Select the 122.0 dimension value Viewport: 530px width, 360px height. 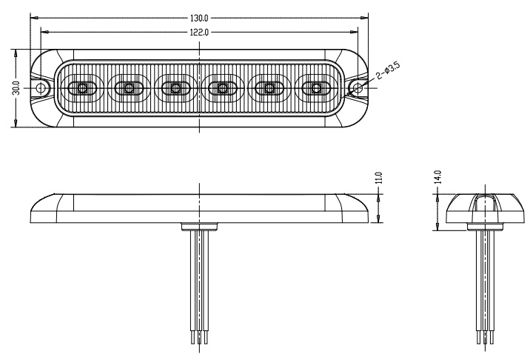tap(200, 32)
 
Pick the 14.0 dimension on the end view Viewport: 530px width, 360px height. tap(437, 178)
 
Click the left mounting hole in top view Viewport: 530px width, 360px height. tap(43, 88)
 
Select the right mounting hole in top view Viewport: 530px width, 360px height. tap(358, 88)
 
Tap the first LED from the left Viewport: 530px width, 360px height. tap(81, 88)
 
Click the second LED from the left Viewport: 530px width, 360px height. tap(128, 88)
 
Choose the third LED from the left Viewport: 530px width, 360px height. tap(175, 88)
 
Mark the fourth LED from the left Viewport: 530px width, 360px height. tap(222, 88)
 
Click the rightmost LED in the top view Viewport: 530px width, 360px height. tap(316, 88)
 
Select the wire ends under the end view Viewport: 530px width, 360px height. tap(485, 337)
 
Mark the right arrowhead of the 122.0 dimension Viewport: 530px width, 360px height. tap(356, 32)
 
